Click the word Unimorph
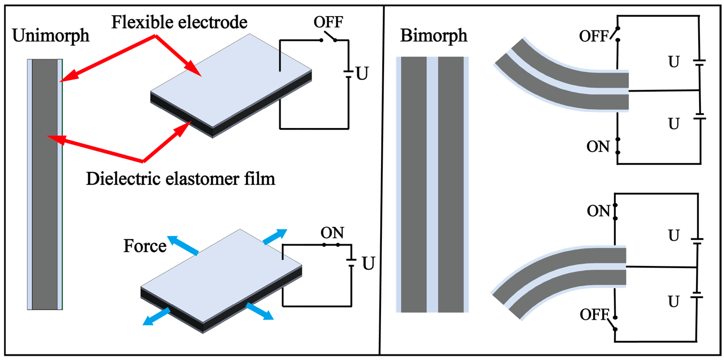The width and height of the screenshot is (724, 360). (51, 36)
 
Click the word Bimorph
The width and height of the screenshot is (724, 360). (433, 36)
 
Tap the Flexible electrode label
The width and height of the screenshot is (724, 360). (179, 22)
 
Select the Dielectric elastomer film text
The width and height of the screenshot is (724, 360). (180, 179)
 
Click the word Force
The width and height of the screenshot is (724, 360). (145, 246)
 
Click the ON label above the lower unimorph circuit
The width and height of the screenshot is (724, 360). (332, 233)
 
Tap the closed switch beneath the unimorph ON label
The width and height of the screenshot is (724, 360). (331, 245)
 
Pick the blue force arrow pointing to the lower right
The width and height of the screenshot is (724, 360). (260, 311)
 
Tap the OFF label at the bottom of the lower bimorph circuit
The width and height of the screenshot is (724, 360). (594, 315)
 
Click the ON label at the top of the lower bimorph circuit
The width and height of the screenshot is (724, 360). (598, 211)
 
